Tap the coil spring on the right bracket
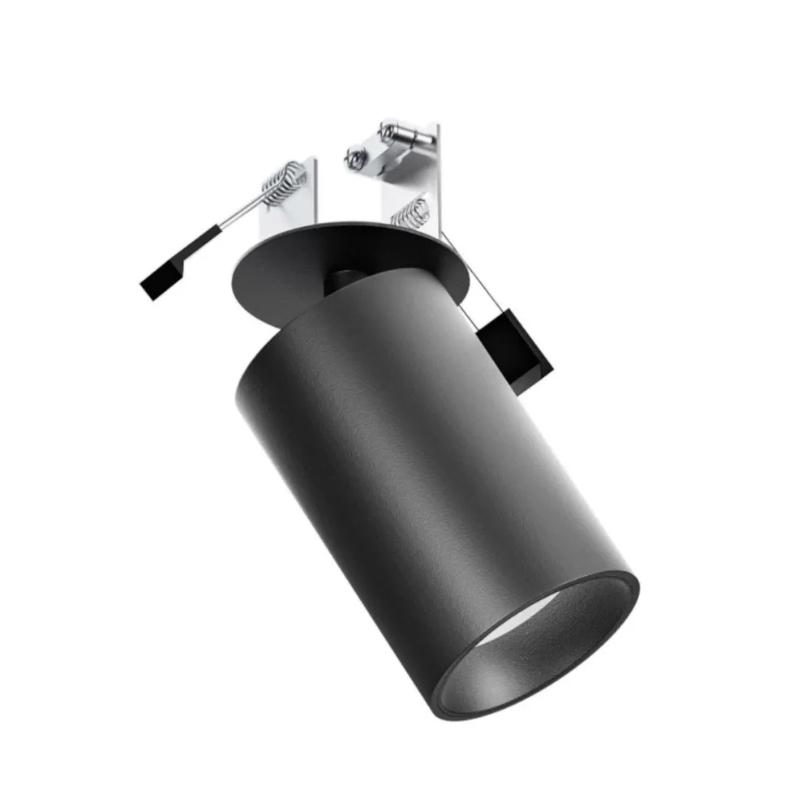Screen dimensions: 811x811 pyautogui.click(x=410, y=210)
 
